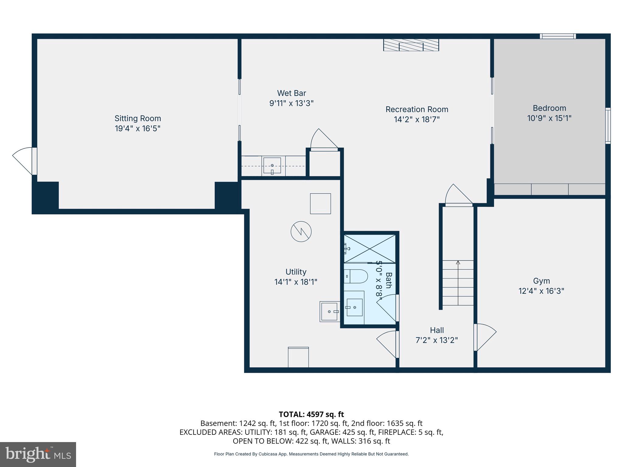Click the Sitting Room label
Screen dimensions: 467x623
[x=137, y=118]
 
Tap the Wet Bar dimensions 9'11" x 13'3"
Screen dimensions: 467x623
[x=291, y=103]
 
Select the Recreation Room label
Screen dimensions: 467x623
[x=417, y=109]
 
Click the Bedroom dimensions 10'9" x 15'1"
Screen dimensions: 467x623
[x=549, y=118]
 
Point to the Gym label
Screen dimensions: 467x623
[x=541, y=281]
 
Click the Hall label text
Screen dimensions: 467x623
[x=437, y=330]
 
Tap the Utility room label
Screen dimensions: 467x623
[x=296, y=272]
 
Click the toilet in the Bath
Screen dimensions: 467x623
[x=357, y=276]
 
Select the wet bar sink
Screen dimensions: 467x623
[x=272, y=166]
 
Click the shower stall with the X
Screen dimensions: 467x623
[x=370, y=248]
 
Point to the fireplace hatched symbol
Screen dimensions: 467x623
[x=411, y=45]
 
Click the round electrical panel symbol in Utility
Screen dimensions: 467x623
[x=301, y=232]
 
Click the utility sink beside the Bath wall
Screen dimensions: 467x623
[x=330, y=312]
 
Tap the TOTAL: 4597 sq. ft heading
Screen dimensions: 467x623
[x=311, y=414]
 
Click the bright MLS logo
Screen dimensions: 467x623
[x=38, y=454]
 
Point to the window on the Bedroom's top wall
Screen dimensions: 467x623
[x=558, y=36]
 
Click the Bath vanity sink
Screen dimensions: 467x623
[x=354, y=307]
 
